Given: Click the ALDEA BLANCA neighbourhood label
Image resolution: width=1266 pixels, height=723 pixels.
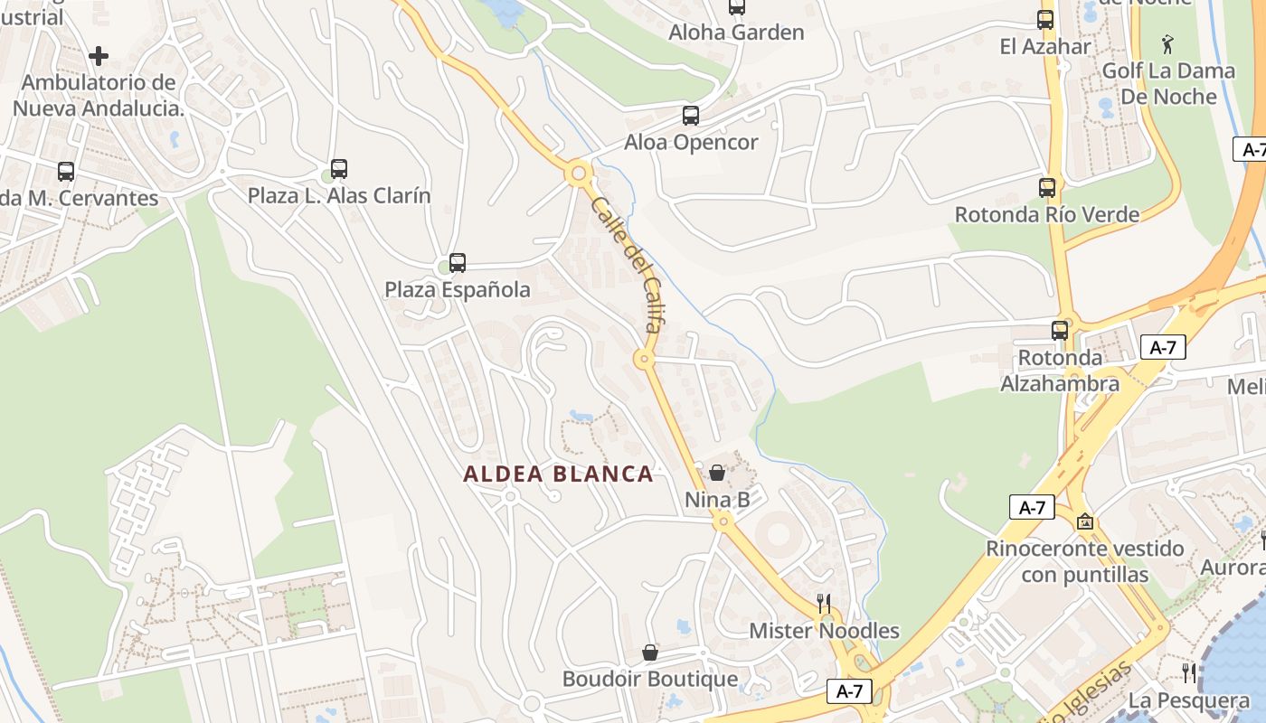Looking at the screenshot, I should pos(558,474).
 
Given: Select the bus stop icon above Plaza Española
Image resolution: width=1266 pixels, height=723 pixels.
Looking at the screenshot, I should pos(458,263).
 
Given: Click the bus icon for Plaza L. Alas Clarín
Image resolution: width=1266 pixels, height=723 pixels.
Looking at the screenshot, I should pos(339,169).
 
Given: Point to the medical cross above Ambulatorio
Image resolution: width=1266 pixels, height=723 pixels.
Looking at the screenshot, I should pos(99,56).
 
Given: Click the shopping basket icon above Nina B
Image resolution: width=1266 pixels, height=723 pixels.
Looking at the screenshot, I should pos(717,473).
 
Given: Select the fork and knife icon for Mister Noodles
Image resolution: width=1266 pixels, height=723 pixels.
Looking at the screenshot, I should pos(824,604).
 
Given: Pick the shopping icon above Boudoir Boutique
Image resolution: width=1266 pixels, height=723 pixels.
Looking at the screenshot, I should pos(650,653).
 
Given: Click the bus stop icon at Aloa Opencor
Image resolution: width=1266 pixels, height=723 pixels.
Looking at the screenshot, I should pos(691,116).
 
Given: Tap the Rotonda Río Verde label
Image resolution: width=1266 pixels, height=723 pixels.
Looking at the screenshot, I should pos(1047,215).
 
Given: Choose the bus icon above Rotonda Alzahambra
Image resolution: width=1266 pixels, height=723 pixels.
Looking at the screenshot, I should pos(1060,331).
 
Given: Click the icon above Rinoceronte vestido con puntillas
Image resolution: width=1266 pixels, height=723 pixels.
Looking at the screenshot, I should pos(1085,521).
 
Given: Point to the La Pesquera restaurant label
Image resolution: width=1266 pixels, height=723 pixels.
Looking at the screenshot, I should pos(1189,700).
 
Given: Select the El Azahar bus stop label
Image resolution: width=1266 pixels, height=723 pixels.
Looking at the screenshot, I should pos(1045,46).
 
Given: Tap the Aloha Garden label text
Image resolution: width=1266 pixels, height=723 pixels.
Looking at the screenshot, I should pos(736,33).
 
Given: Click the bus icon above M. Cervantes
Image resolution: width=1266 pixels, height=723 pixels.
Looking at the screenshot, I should pos(66,172).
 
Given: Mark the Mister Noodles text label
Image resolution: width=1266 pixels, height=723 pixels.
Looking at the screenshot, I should pos(824,631).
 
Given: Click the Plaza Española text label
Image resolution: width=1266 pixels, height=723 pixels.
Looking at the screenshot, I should pos(458,290).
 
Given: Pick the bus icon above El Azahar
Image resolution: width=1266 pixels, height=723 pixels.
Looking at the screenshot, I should pos(1045,20).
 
